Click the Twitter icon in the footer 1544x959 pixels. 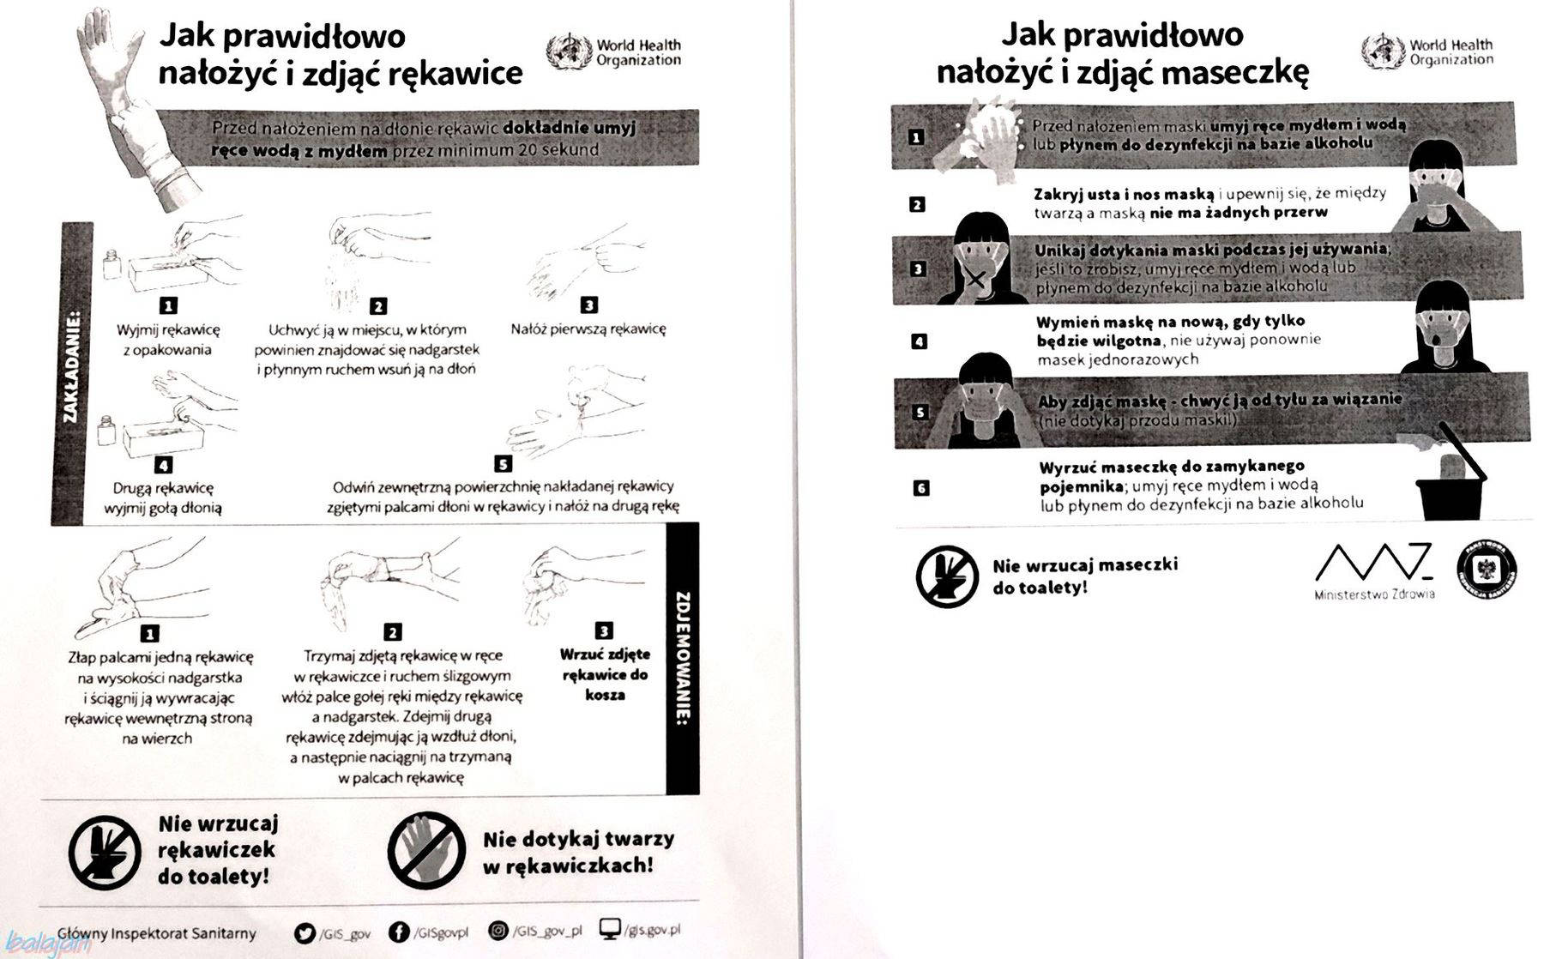tap(305, 932)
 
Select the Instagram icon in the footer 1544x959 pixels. tap(498, 931)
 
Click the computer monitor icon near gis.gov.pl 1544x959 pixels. tap(610, 929)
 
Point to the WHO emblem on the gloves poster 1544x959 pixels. tap(568, 51)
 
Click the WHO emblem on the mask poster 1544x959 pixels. tap(1381, 51)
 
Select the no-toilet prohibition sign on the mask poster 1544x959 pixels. tap(947, 576)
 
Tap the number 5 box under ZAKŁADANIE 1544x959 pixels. tap(504, 464)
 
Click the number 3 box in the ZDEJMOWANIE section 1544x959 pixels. tap(604, 631)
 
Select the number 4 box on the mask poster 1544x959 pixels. tap(919, 341)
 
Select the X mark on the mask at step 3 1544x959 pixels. tap(975, 280)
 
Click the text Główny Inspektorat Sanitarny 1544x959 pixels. tap(157, 932)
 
